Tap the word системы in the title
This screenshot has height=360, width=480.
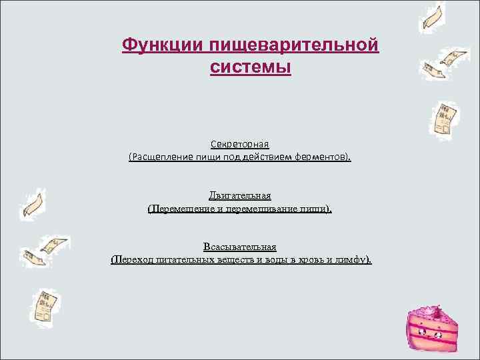coord(250,67)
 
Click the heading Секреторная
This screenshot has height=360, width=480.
coord(239,144)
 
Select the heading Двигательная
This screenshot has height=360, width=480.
coord(239,195)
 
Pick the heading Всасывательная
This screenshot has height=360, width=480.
coord(239,247)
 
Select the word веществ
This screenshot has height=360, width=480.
coord(232,259)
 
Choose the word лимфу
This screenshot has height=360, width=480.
coord(355,259)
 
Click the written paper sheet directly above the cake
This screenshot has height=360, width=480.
coord(443,119)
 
